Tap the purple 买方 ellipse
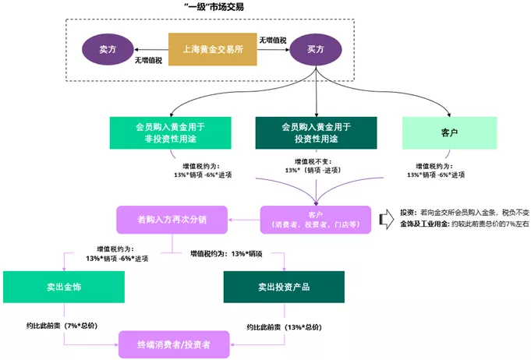click(x=316, y=49)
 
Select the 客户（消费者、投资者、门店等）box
click(x=316, y=219)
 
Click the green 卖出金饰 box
click(x=64, y=287)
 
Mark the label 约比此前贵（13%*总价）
click(x=284, y=326)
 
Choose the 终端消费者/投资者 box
click(x=174, y=343)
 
